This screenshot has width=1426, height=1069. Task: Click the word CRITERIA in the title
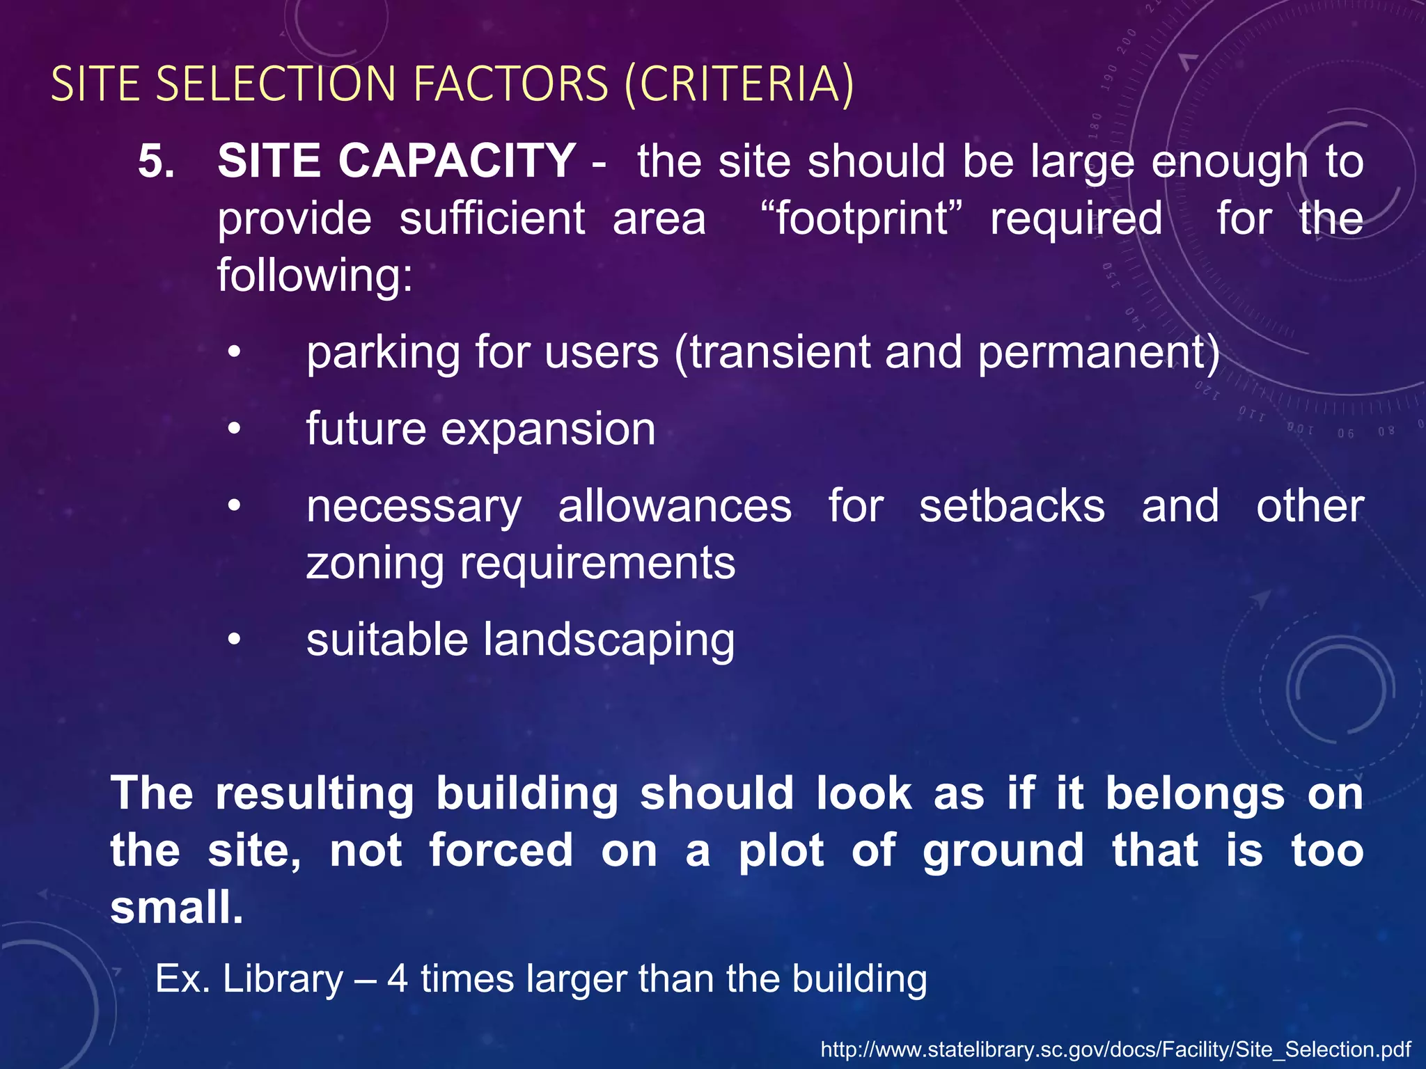pos(739,84)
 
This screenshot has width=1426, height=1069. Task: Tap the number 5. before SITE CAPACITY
pos(156,161)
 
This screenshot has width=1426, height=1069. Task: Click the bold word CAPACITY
pos(457,161)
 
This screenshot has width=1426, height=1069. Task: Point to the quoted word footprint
pos(861,219)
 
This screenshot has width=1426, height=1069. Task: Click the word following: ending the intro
pos(315,276)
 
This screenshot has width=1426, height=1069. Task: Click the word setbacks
pos(1012,506)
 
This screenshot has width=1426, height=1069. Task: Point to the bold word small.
pos(176,908)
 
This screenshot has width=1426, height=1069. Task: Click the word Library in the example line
pos(283,979)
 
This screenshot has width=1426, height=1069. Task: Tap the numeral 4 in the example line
pos(398,979)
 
